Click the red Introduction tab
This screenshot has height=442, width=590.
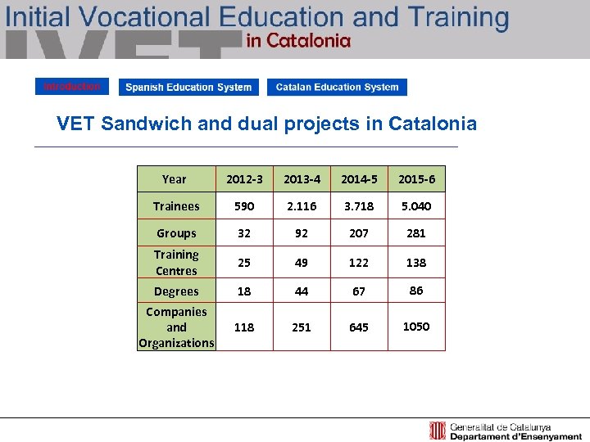point(71,87)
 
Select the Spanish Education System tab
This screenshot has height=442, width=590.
point(188,88)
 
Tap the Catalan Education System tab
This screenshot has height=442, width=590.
point(337,88)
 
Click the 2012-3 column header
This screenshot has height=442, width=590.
point(244,179)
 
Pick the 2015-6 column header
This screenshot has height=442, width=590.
point(416,179)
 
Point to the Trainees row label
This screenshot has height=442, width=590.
point(176,206)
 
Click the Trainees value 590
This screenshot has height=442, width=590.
point(244,206)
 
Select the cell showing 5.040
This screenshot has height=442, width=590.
point(416,206)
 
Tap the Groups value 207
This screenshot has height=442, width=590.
point(359,233)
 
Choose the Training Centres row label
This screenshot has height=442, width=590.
point(176,263)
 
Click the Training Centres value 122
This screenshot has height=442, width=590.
point(359,263)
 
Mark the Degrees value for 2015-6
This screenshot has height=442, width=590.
point(416,291)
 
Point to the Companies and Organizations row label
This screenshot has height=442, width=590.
point(176,327)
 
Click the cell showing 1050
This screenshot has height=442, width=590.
point(416,327)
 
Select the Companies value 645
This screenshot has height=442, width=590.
point(359,327)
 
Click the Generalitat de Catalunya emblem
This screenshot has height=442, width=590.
point(438,431)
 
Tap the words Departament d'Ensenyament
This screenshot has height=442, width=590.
point(502,436)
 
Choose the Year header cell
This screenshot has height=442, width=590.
point(175,179)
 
